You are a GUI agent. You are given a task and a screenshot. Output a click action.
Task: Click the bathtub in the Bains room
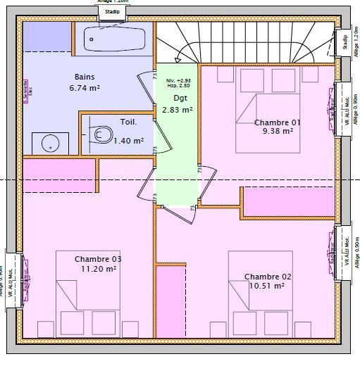(115, 39)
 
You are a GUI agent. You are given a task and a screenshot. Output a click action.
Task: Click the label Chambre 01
(277, 122)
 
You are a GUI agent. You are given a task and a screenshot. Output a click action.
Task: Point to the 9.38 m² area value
(278, 131)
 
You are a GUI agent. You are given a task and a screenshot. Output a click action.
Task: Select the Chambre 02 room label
(267, 277)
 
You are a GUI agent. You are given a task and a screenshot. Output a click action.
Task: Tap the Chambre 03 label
(98, 259)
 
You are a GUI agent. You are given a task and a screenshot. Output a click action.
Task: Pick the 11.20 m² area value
(98, 268)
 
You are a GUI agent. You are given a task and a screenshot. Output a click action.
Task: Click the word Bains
(85, 77)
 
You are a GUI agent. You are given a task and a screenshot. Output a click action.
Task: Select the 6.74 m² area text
(84, 89)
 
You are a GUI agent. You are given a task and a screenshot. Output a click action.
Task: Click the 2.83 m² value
(177, 110)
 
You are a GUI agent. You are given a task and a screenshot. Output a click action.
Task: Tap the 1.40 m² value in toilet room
(128, 141)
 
